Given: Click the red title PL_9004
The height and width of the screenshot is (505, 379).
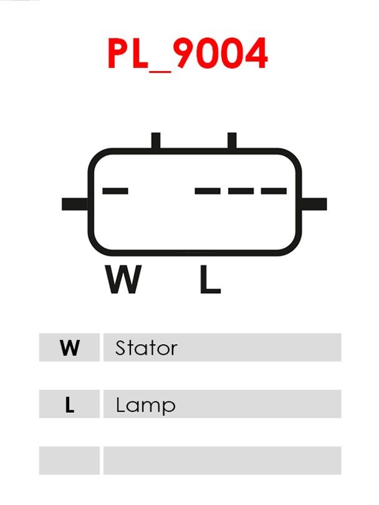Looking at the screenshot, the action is click(x=188, y=54).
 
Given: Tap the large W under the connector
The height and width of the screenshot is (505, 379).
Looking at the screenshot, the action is click(x=123, y=279).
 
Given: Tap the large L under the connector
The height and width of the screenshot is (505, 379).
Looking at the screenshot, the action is click(x=210, y=279).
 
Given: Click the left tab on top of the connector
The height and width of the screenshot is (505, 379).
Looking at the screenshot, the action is click(x=156, y=140).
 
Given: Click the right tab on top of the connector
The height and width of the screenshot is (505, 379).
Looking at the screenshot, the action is click(x=232, y=140).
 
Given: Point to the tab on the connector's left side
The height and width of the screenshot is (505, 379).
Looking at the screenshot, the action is click(x=75, y=204).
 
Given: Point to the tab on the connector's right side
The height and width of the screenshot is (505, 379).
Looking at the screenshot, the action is click(x=314, y=204).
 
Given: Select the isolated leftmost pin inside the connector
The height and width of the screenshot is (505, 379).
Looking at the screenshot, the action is click(x=115, y=191).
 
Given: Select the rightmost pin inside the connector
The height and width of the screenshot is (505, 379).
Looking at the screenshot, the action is click(x=274, y=191).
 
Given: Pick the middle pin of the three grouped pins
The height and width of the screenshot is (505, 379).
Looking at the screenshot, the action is click(x=241, y=191).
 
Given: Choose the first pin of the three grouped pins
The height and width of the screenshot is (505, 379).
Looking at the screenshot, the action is click(x=208, y=191).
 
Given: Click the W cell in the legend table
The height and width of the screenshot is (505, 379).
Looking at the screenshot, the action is click(x=70, y=347).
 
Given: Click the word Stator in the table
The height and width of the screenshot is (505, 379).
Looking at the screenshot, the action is click(x=146, y=348).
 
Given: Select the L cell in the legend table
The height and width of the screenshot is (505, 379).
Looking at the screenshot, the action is click(x=70, y=404).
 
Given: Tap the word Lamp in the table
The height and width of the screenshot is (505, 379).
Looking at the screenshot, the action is click(x=145, y=406).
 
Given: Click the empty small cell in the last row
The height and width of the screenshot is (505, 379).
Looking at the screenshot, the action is click(x=70, y=461).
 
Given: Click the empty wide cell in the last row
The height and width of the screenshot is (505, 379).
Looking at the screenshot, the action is click(x=222, y=461).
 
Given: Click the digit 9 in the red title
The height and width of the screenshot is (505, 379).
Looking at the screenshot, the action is click(x=185, y=53).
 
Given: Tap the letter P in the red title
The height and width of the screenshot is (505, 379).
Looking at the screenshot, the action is click(x=118, y=54).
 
